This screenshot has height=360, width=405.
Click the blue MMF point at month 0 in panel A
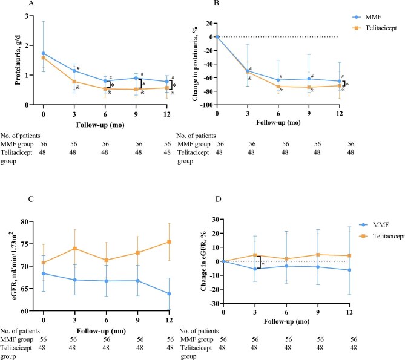[44, 53]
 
